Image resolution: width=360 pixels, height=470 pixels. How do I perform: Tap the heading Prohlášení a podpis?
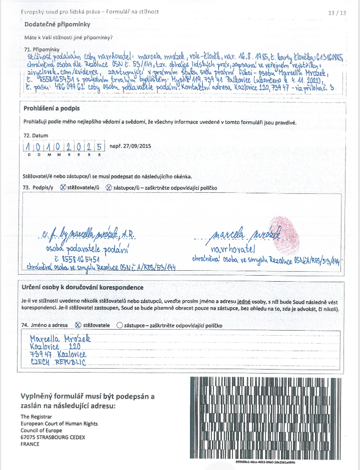coord(51,108)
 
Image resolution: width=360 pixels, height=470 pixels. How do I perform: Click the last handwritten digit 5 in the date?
coord(99,147)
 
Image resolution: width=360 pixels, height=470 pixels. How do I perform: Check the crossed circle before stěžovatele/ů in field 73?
coord(63,187)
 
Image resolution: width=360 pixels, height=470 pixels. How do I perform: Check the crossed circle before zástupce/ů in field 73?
coord(109,187)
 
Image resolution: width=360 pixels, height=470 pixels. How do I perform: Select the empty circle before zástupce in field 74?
coord(119,325)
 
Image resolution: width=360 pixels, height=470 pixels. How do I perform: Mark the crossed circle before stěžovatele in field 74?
coord(77,325)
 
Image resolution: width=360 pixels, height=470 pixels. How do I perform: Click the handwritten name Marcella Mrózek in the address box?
coord(60,339)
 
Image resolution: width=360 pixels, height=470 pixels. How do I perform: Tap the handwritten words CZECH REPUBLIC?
coord(58,362)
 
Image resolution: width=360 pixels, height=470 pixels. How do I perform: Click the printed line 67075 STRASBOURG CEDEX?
coord(52,437)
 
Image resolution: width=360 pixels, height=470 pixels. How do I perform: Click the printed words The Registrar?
coord(36,416)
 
